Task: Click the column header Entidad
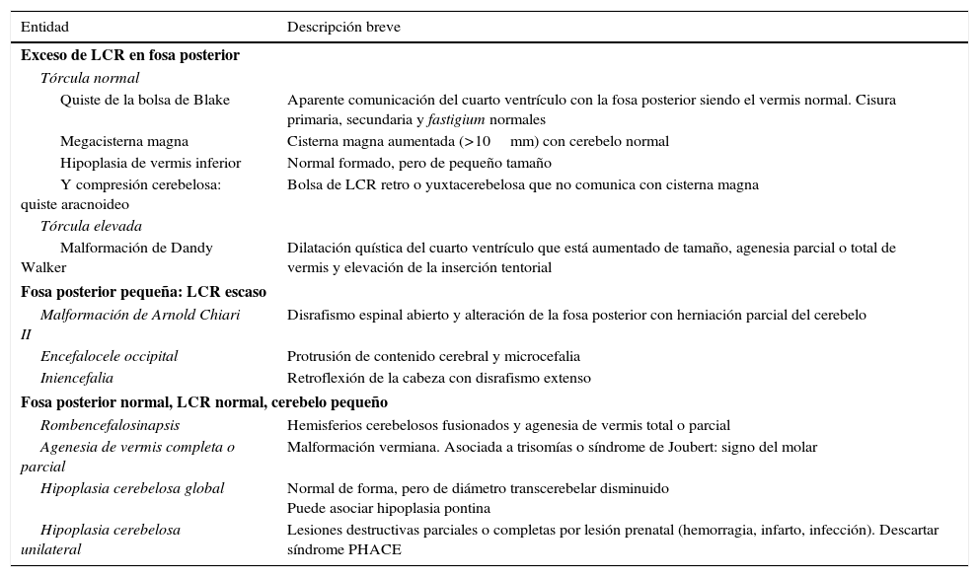point(44,27)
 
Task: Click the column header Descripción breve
point(343,27)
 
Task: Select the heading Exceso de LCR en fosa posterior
point(129,55)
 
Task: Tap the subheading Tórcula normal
point(90,78)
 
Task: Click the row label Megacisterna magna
point(124,141)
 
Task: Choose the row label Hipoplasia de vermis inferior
point(150,163)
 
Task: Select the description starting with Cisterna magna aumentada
point(478,141)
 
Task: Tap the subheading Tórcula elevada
point(91,226)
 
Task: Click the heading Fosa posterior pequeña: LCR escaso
point(143,292)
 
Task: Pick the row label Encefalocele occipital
point(109,356)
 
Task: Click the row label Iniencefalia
point(76,378)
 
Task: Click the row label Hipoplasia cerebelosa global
point(132,488)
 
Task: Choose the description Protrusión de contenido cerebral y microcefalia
point(433,356)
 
